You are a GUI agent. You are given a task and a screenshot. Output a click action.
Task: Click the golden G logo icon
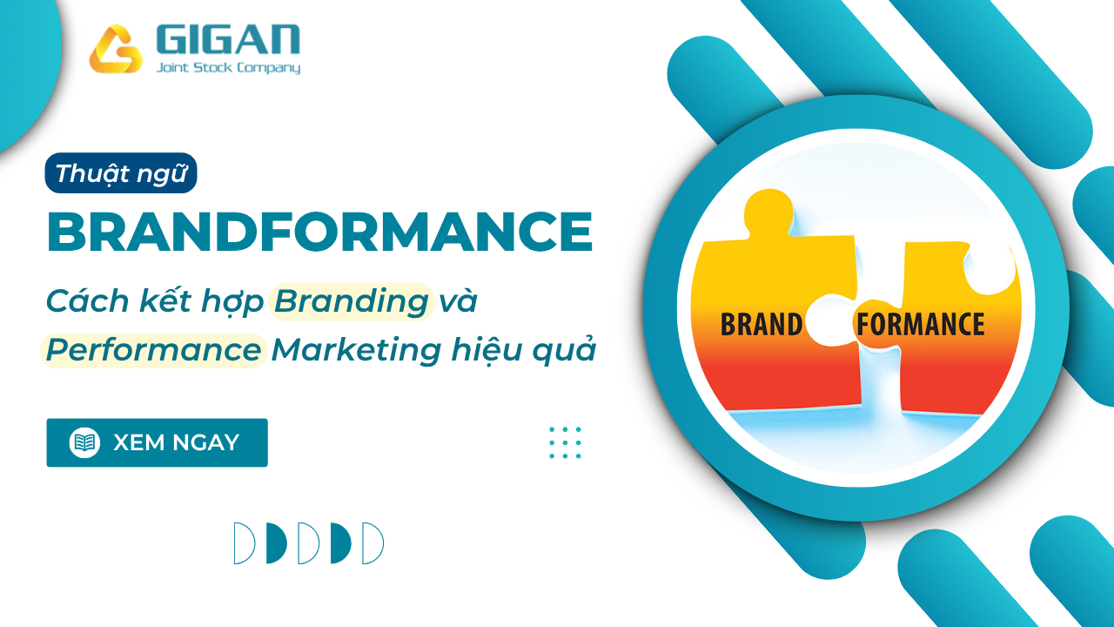pos(116,49)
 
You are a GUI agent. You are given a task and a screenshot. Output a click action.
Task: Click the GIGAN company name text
pos(228,39)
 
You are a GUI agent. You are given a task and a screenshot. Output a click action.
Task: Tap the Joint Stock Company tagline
pos(228,68)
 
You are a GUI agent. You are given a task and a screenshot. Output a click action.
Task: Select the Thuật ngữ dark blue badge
pos(121,172)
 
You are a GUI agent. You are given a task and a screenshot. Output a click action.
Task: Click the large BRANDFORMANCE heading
pos(319,232)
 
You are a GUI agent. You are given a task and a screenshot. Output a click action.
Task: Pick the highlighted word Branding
pos(351,301)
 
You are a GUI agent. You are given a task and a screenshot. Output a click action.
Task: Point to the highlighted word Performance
pos(153,350)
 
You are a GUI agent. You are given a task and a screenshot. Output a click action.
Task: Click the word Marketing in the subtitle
pos(356,350)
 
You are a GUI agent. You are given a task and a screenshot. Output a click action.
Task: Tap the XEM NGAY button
pos(158,442)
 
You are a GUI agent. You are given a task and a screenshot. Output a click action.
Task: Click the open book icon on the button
pos(84,442)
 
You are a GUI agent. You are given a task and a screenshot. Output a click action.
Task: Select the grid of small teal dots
pos(565,442)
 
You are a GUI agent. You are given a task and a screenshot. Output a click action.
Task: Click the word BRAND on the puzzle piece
pos(761,325)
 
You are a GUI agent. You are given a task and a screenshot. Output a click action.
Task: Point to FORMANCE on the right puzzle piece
pos(920,325)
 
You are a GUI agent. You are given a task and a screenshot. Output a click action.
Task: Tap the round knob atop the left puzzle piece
pos(768,212)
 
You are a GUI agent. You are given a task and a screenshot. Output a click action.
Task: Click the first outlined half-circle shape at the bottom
pos(245,543)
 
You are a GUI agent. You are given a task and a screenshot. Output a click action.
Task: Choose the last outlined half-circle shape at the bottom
pos(373,543)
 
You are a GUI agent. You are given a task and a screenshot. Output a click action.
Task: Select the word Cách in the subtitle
pos(88,301)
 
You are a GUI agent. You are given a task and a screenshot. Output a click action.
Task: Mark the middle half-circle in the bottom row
pos(308,543)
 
